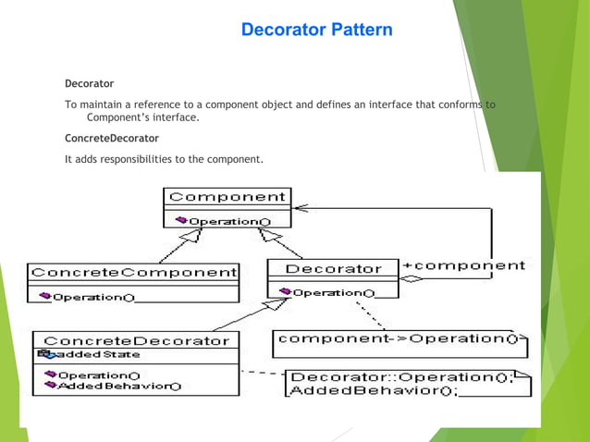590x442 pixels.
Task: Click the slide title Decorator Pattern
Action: (316, 31)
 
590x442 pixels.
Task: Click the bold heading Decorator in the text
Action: (89, 84)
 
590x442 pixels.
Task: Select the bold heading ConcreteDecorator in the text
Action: (112, 139)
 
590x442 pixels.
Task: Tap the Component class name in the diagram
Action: (227, 197)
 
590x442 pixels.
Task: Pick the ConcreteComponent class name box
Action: (133, 273)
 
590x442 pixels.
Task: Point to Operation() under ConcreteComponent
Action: (92, 297)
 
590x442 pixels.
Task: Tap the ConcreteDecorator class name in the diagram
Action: (136, 340)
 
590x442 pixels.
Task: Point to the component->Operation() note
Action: (399, 338)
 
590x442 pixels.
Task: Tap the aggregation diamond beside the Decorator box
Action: (412, 277)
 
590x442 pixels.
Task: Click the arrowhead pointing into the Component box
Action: (298, 205)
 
